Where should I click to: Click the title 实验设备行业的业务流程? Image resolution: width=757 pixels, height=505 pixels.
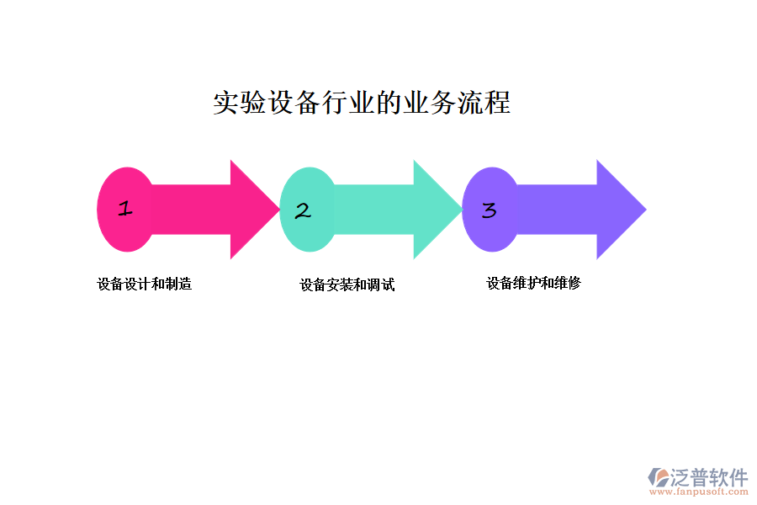click(362, 103)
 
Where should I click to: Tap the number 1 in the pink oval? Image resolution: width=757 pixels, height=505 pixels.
click(125, 209)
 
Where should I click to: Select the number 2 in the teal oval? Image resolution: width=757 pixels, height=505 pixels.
click(303, 210)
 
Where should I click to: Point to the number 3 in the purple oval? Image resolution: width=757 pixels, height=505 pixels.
click(489, 210)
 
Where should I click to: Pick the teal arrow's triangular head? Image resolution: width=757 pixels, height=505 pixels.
click(437, 210)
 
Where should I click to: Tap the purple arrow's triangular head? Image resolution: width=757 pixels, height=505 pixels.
click(620, 210)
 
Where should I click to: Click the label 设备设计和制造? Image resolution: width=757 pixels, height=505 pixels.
click(145, 284)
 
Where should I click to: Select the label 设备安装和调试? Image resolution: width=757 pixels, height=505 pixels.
click(347, 285)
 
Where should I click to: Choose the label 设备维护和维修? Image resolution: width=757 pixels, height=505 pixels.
click(533, 284)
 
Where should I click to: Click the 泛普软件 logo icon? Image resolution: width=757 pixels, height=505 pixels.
click(658, 478)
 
